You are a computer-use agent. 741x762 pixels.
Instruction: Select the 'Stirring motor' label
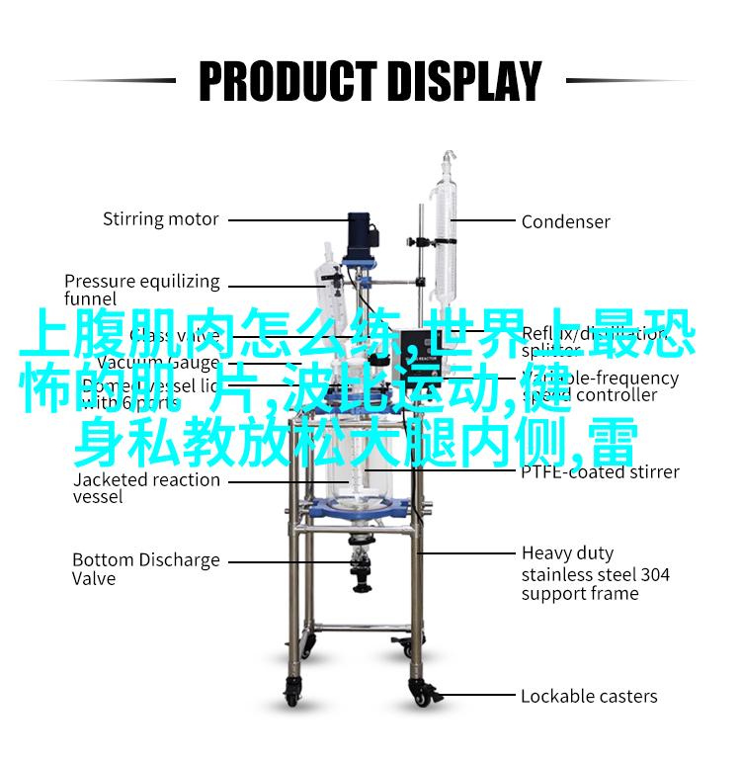tap(161, 218)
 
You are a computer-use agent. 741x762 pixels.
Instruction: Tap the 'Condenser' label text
tap(566, 221)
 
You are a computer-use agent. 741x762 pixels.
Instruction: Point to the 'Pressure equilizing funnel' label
tap(142, 290)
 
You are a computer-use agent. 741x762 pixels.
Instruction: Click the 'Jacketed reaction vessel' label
tap(146, 488)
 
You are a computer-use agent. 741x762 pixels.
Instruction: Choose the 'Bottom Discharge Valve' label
tap(146, 568)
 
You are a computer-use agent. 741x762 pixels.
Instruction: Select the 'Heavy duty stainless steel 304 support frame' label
tap(596, 573)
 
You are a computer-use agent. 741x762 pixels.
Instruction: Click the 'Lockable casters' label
tap(589, 696)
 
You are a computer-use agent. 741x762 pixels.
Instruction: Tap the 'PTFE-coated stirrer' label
tap(600, 471)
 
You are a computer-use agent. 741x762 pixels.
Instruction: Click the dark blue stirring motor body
tap(359, 234)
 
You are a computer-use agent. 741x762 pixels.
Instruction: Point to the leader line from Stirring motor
tap(282, 218)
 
